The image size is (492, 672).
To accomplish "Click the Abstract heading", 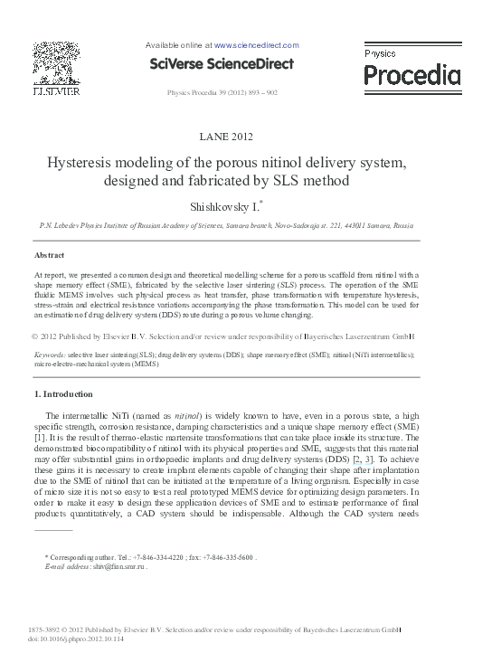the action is (x=49, y=256).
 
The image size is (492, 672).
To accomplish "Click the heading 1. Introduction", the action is (x=62, y=394).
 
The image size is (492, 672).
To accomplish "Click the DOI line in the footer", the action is (x=77, y=639).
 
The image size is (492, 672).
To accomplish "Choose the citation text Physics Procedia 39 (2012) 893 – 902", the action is (x=222, y=92).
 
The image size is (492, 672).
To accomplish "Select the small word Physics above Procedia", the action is (x=381, y=54).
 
